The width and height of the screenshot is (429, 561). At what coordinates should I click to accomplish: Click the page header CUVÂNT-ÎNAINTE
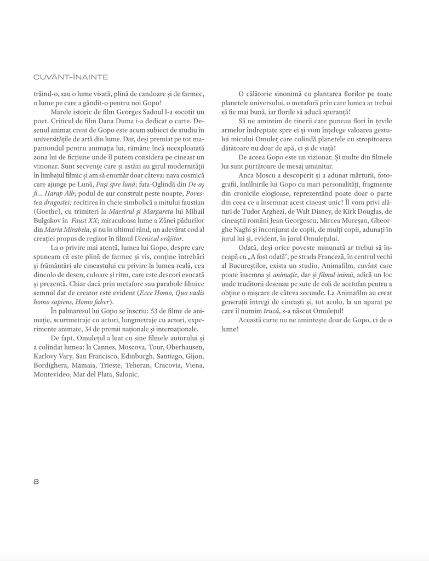click(71, 77)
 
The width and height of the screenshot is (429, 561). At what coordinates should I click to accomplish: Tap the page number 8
click(36, 482)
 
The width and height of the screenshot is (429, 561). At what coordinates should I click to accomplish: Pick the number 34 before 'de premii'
click(93, 329)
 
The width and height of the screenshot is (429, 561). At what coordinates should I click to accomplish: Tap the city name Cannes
click(97, 348)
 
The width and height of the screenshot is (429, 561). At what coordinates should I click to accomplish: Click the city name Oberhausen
click(183, 348)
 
